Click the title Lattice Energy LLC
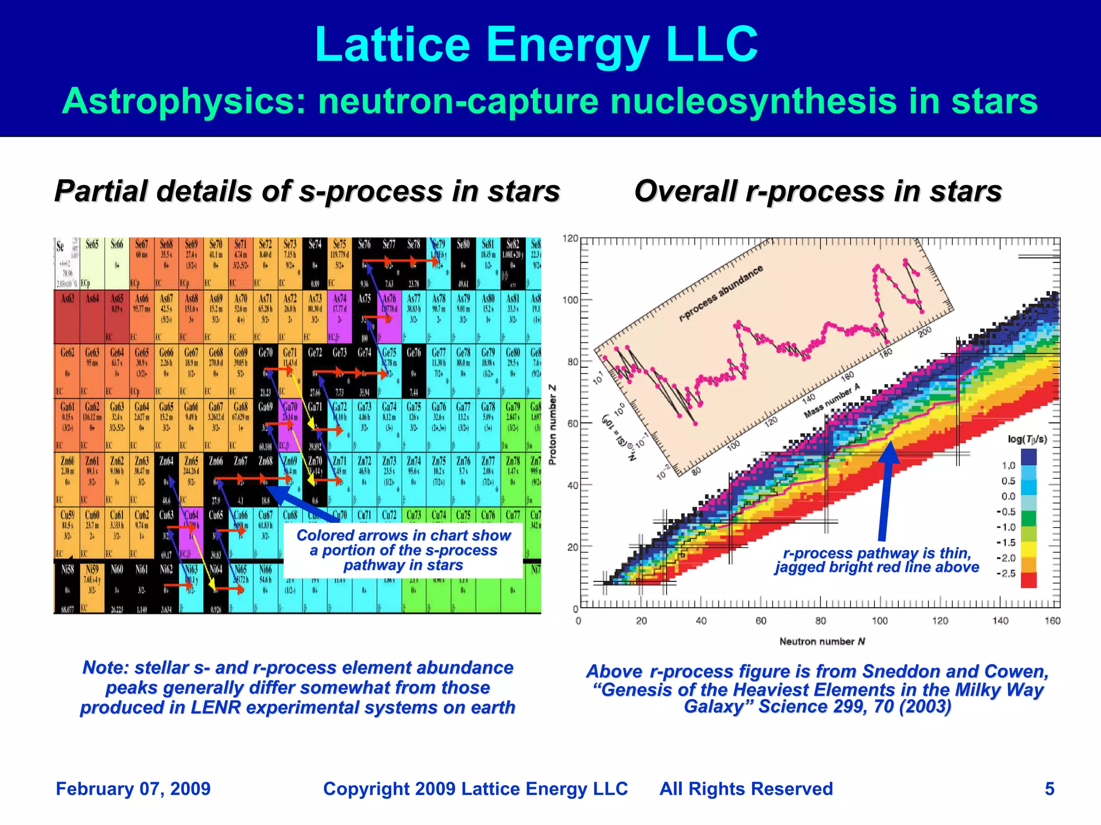tap(536, 45)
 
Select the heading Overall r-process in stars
tap(818, 191)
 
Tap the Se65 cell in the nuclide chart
tap(92, 262)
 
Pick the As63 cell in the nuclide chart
tap(67, 316)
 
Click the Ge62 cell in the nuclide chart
tap(67, 370)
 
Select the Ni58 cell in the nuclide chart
tap(67, 586)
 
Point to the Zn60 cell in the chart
tap(67, 479)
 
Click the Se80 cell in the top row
tap(463, 262)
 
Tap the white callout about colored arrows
tap(403, 550)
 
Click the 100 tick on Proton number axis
tap(570, 300)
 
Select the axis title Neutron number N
tap(822, 642)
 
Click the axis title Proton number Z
tap(553, 424)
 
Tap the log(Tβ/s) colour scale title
tap(1027, 439)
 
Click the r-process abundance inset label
tap(720, 294)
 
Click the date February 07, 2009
tap(133, 789)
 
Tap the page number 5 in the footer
tap(1049, 789)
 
